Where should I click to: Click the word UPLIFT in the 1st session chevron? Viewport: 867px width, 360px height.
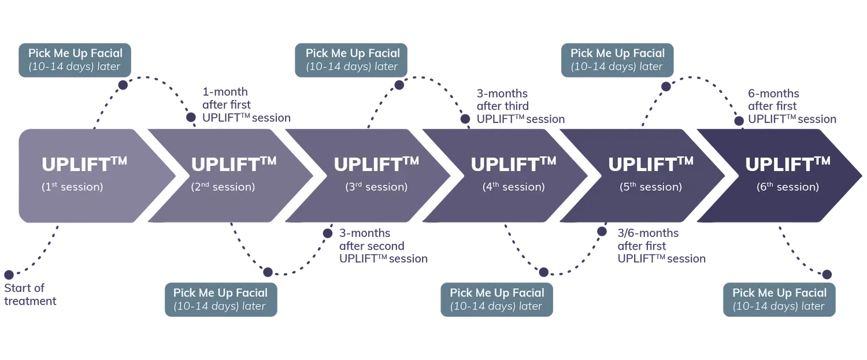pyautogui.click(x=75, y=165)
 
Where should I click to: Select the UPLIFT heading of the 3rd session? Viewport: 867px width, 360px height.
pyautogui.click(x=367, y=165)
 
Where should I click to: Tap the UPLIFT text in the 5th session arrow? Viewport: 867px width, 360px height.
pyautogui.click(x=642, y=165)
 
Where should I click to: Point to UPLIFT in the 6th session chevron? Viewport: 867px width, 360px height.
pyautogui.click(x=779, y=165)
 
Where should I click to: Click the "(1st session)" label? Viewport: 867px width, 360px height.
pyautogui.click(x=72, y=187)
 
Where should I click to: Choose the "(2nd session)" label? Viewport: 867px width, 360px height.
pyautogui.click(x=223, y=187)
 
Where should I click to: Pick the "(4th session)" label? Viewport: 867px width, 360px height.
pyautogui.click(x=513, y=187)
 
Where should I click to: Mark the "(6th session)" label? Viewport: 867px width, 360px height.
pyautogui.click(x=787, y=187)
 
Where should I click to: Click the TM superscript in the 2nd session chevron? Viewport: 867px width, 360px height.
pyautogui.click(x=268, y=160)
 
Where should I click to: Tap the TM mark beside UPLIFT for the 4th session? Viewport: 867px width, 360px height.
pyautogui.click(x=547, y=160)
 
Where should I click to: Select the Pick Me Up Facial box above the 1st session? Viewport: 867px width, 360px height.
pyautogui.click(x=75, y=59)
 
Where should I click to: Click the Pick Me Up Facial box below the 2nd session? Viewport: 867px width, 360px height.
pyautogui.click(x=220, y=299)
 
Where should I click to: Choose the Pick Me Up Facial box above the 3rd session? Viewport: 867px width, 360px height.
pyautogui.click(x=353, y=59)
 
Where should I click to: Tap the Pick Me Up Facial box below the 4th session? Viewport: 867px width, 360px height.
pyautogui.click(x=497, y=299)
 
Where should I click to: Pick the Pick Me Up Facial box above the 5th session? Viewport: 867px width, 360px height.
pyautogui.click(x=617, y=59)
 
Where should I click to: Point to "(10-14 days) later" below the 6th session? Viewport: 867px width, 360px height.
pyautogui.click(x=779, y=306)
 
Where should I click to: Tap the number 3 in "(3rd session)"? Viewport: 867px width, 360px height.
pyautogui.click(x=351, y=187)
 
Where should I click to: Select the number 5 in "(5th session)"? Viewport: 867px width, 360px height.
pyautogui.click(x=625, y=187)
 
